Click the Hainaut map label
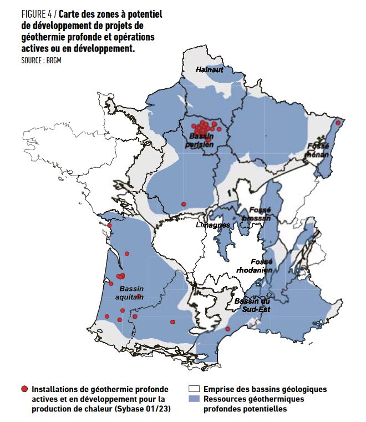[x=209, y=69]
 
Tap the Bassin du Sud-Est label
[x=252, y=305]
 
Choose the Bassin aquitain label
[x=131, y=293]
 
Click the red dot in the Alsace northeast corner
[x=338, y=122]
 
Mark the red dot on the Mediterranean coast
[x=227, y=329]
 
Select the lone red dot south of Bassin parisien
[x=184, y=204]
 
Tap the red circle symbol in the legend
[x=24, y=389]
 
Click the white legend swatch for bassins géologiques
[x=194, y=389]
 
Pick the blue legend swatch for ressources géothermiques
[x=194, y=399]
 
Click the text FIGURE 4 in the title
[x=36, y=13]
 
